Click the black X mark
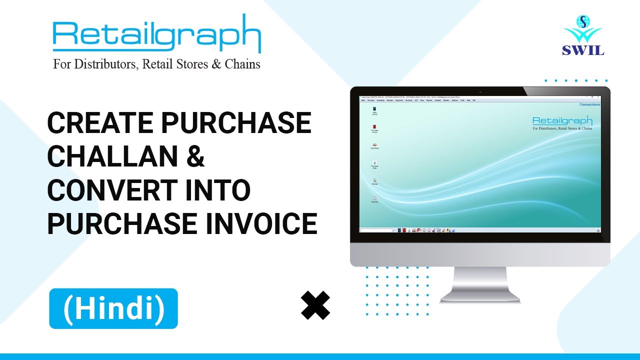315,305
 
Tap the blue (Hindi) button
113,308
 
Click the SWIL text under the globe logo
583,50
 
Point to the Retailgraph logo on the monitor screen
562,121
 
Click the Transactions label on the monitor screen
589,104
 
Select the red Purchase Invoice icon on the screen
374,128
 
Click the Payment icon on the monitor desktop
374,199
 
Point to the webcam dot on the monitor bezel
480,91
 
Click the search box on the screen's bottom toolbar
375,230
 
